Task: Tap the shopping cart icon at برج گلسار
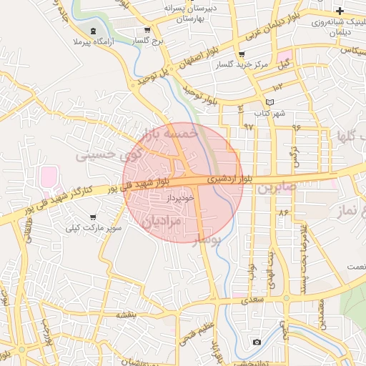(147, 30)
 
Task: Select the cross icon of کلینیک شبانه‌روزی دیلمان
(340, 11)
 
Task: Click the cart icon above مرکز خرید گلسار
(242, 54)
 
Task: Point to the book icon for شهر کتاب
(269, 103)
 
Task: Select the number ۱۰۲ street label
(278, 86)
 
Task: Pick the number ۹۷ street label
(248, 126)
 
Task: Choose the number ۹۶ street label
(296, 126)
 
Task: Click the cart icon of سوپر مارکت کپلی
(93, 217)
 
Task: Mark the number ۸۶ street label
(283, 212)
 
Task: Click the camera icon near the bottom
(257, 342)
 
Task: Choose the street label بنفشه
(126, 315)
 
